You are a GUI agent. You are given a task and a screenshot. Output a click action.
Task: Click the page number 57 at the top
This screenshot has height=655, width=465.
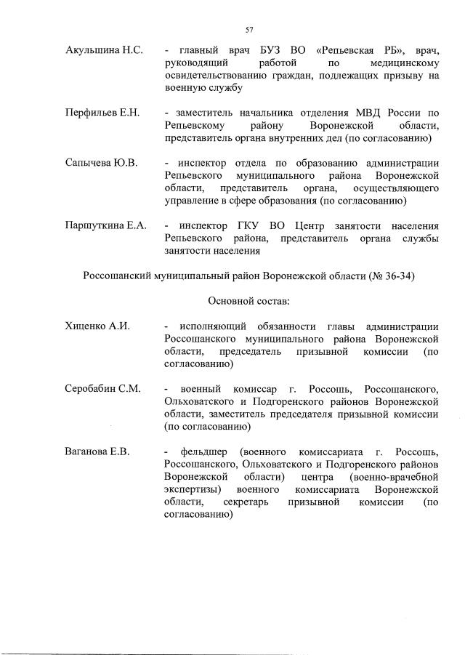pos(248,30)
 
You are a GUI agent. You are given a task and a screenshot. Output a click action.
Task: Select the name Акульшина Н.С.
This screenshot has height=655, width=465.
pos(104,50)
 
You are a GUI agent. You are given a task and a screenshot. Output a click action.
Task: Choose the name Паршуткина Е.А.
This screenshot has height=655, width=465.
pos(106,225)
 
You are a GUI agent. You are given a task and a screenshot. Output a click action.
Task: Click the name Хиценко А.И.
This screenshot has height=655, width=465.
pos(97,326)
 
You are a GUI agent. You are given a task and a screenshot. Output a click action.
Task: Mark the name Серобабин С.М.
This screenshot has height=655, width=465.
pos(102,389)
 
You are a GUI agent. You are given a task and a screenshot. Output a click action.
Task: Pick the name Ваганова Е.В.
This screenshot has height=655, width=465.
pos(97,451)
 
